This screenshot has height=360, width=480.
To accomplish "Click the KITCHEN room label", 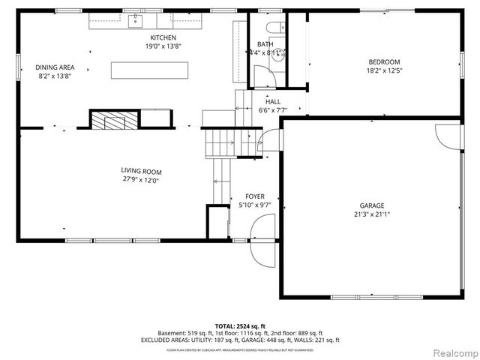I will (x=163, y=37).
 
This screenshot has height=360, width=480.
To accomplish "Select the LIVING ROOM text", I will (x=142, y=171).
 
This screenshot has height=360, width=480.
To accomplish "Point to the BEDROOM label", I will (x=383, y=61).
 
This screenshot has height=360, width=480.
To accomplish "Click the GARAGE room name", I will (x=371, y=205).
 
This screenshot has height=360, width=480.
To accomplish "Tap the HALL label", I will (x=273, y=101).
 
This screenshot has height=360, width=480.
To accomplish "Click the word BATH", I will (x=265, y=44).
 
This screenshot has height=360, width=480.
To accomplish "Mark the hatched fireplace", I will (x=115, y=120).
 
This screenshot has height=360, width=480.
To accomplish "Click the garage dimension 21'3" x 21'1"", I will (x=371, y=214).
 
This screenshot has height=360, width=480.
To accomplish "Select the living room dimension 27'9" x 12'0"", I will (x=142, y=180).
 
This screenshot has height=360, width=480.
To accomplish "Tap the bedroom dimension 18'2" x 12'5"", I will (x=383, y=70).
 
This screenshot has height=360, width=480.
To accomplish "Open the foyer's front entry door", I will (x=263, y=241).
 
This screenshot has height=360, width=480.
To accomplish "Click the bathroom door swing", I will (x=264, y=75).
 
